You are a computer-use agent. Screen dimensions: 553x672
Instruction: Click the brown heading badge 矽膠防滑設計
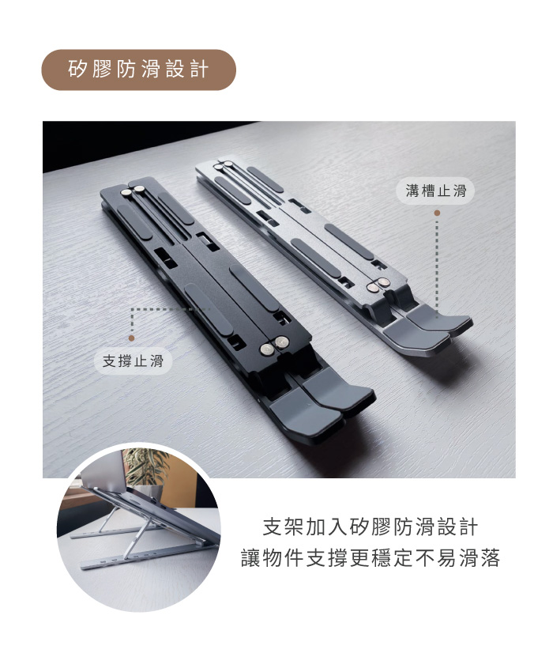click(x=138, y=70)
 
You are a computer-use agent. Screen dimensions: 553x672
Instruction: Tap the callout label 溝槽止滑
click(x=436, y=191)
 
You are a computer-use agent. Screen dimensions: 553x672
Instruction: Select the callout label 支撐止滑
click(x=133, y=361)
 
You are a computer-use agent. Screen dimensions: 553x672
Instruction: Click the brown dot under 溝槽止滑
click(x=437, y=213)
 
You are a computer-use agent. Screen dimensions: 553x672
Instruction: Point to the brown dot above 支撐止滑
click(x=131, y=338)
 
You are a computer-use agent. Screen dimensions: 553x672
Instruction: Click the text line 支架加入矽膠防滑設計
click(x=370, y=527)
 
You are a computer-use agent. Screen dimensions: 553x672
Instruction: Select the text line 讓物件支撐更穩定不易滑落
click(x=370, y=558)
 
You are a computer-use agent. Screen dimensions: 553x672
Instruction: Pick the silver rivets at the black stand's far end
click(x=134, y=191)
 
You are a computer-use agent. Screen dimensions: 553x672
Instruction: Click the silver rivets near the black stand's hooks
click(x=275, y=345)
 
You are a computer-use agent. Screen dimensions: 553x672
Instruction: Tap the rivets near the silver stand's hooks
click(x=378, y=285)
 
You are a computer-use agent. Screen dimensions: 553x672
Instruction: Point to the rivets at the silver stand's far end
click(x=224, y=164)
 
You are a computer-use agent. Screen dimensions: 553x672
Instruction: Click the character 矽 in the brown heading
click(x=77, y=70)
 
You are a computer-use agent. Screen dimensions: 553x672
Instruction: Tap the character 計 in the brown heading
click(x=200, y=70)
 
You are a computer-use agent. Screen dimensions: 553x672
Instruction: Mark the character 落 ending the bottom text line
click(x=490, y=558)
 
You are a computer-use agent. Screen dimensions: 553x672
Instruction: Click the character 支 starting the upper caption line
click(x=273, y=527)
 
